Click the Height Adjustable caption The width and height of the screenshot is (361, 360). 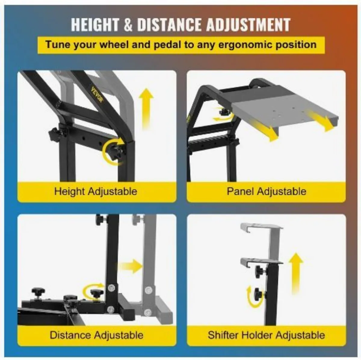tap(96, 192)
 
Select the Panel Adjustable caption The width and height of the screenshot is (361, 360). tap(267, 192)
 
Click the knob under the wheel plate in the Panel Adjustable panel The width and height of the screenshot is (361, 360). tap(224, 112)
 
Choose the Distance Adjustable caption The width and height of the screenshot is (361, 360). tap(97, 335)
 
